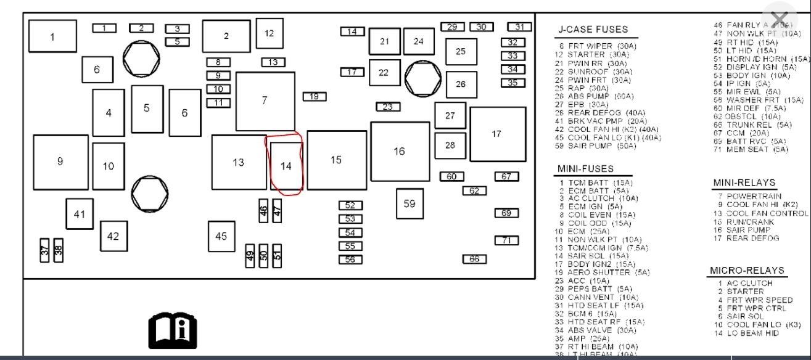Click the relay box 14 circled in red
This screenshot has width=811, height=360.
(x=286, y=166)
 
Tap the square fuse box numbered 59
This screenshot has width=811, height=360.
(x=410, y=203)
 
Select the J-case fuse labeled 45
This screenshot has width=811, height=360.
(x=221, y=236)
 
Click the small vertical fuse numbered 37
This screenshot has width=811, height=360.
(x=44, y=250)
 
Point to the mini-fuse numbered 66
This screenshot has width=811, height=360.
(x=474, y=259)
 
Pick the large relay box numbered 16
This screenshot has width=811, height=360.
(x=400, y=151)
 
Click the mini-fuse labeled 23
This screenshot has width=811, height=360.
(x=387, y=107)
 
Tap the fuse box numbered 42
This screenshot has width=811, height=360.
(x=113, y=236)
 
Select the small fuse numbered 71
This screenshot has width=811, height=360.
(x=506, y=240)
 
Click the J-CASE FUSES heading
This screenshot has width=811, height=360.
(x=593, y=29)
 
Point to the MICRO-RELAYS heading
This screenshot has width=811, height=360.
(x=747, y=271)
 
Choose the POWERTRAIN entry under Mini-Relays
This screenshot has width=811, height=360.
(x=753, y=196)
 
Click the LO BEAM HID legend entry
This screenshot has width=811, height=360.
(x=747, y=333)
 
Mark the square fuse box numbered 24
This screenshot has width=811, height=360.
(x=419, y=41)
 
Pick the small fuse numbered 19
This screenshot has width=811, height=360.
(x=315, y=96)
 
